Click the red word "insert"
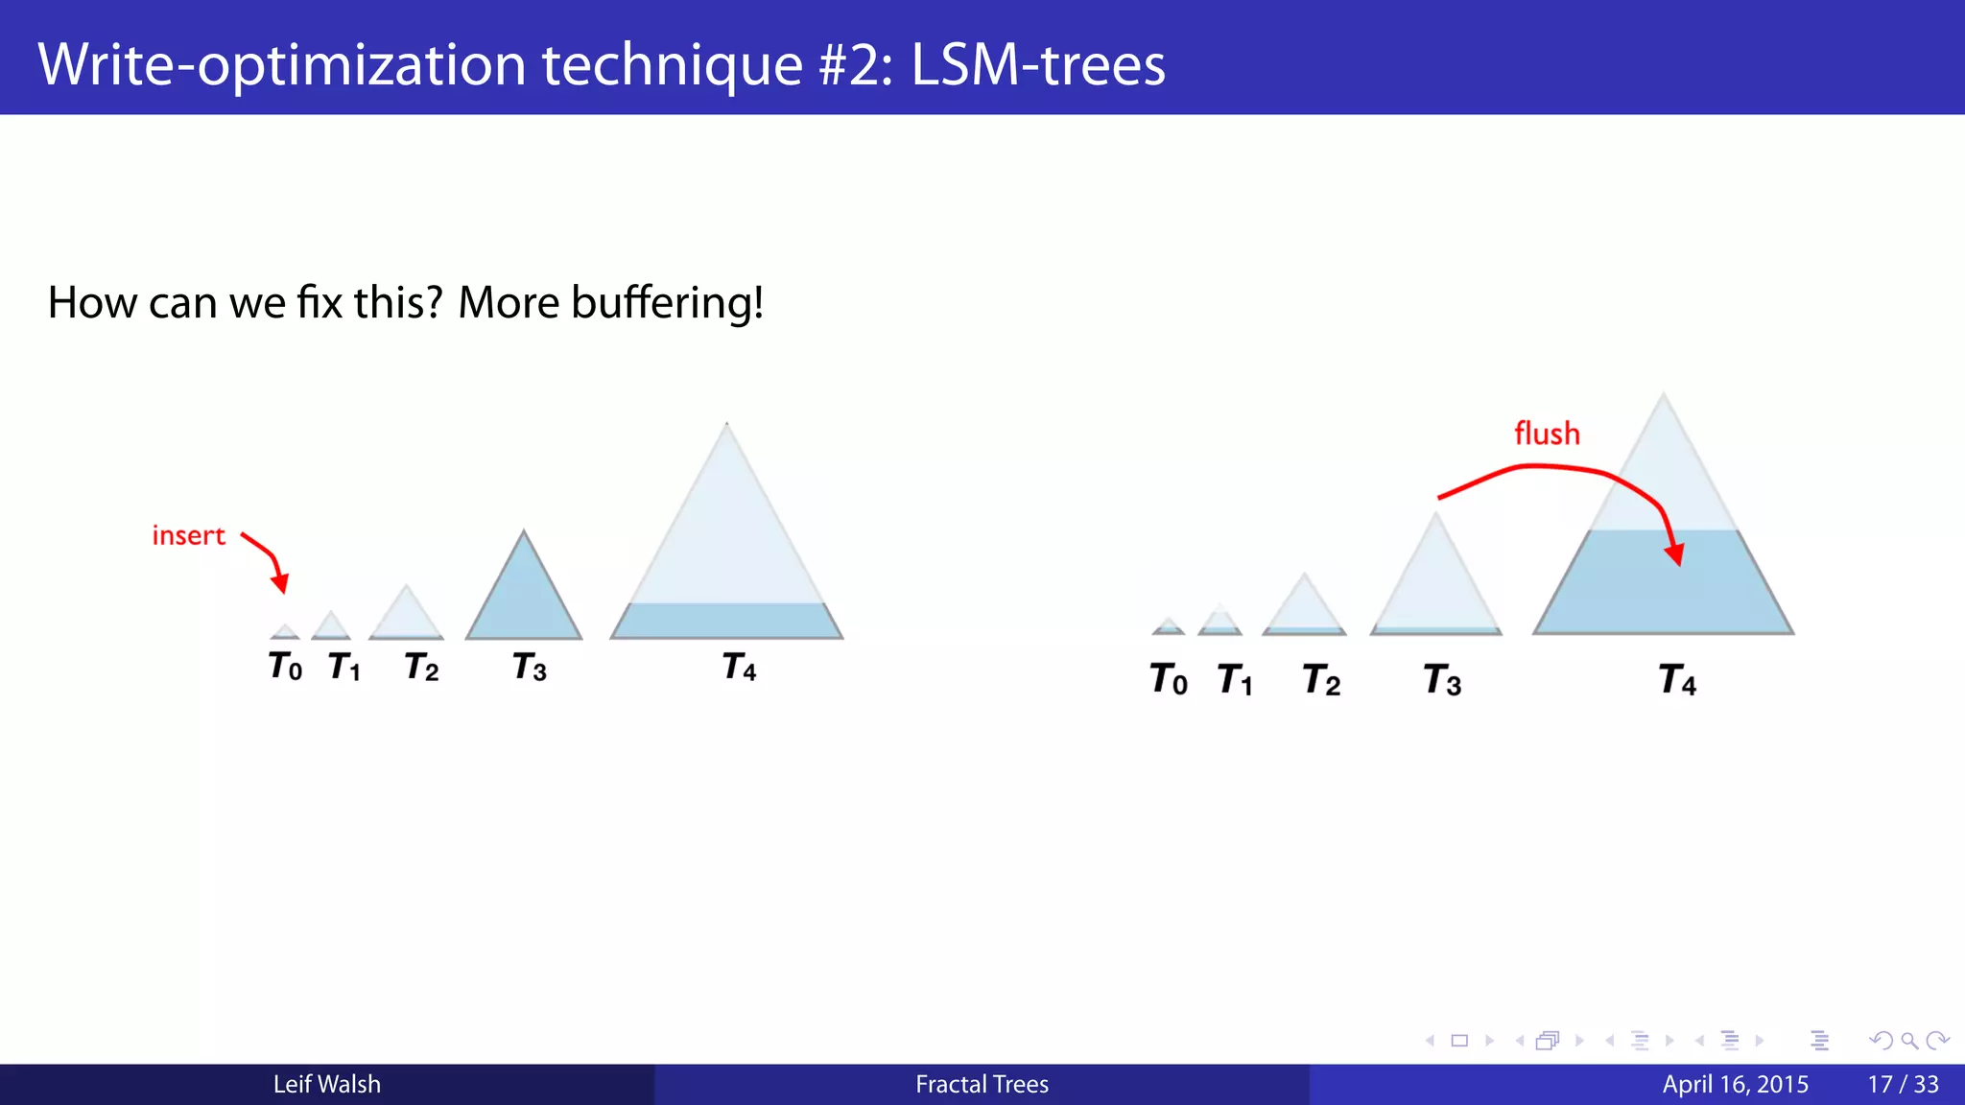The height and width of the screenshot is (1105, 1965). coord(188,535)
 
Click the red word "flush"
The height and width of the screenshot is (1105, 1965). coord(1547,434)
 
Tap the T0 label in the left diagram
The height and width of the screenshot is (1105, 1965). coord(285,666)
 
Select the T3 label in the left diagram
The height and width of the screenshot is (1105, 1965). coord(530,667)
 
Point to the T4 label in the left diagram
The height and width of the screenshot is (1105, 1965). coord(739,667)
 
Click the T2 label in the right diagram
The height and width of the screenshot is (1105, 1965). coord(1321,680)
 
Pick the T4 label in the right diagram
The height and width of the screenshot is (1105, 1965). coord(1677,680)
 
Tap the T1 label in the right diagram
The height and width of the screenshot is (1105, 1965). coord(1235,680)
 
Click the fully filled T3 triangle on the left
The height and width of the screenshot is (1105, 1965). coord(524,600)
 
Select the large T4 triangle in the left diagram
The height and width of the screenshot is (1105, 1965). coord(726,556)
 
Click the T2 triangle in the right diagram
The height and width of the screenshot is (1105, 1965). coord(1304,609)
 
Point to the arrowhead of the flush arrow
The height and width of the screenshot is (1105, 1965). coord(1675,554)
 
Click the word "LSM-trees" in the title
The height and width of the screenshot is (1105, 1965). coord(1037,65)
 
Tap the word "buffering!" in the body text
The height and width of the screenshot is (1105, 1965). coord(667,303)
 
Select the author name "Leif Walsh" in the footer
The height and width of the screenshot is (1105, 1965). coord(326,1084)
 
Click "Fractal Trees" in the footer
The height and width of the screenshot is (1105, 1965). coord(982,1084)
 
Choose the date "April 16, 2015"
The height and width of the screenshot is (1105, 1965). coord(1735,1084)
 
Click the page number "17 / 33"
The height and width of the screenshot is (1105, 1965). coord(1903,1084)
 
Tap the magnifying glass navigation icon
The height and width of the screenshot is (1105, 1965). coord(1909,1041)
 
